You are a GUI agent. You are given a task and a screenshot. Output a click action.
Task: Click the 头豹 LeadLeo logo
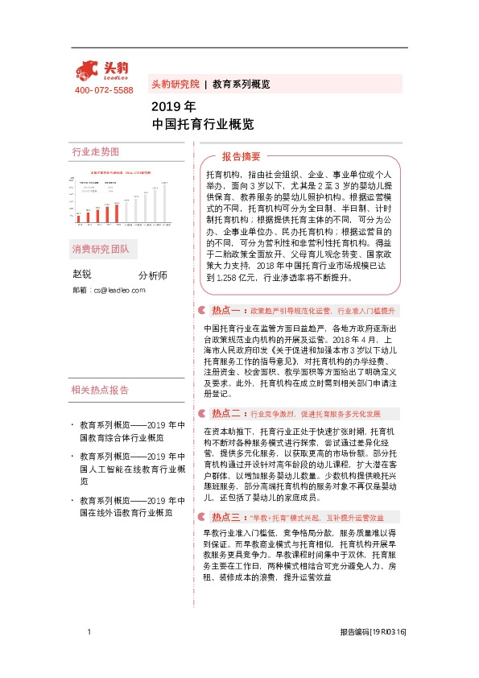click(x=102, y=71)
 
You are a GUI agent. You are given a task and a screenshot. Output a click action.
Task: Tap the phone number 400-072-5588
click(x=104, y=89)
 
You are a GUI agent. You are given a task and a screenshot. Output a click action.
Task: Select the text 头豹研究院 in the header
click(x=175, y=84)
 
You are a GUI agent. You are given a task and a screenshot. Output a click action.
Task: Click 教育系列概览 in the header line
click(x=241, y=84)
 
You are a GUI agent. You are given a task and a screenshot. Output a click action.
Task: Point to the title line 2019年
click(x=173, y=106)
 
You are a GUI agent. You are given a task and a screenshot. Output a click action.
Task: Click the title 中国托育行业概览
click(x=202, y=124)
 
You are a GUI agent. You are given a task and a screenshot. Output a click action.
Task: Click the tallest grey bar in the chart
click(x=165, y=202)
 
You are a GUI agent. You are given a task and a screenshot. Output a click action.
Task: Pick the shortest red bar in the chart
click(x=79, y=217)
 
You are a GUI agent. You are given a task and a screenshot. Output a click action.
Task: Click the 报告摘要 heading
click(x=242, y=157)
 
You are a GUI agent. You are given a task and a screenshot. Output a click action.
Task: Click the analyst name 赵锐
click(x=82, y=275)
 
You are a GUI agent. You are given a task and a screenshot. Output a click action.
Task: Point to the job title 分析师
click(x=153, y=275)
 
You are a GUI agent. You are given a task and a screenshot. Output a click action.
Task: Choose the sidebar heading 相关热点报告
click(x=100, y=391)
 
